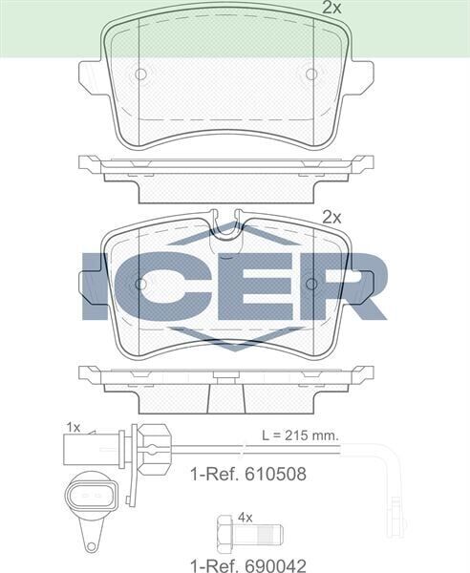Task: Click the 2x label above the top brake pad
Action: click(331, 8)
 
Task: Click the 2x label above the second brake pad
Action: click(331, 217)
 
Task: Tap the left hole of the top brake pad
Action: click(140, 74)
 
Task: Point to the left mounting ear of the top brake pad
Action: click(91, 74)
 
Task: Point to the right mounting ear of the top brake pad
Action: click(361, 74)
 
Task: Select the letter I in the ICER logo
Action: click(96, 285)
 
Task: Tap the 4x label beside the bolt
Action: click(245, 517)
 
